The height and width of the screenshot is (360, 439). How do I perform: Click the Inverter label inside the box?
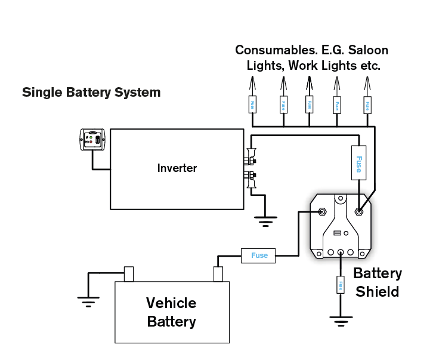click(x=177, y=168)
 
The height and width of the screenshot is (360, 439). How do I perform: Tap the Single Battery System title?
click(x=91, y=93)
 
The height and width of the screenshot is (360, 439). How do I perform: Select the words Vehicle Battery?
click(x=171, y=312)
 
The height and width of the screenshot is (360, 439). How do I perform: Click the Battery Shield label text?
click(x=378, y=282)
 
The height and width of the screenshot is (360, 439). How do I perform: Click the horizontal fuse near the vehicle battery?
click(x=259, y=256)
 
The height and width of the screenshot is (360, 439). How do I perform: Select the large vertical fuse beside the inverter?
click(x=358, y=162)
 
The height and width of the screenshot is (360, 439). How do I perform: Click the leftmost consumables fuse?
click(x=252, y=106)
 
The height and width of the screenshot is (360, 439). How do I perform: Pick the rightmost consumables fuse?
click(x=367, y=106)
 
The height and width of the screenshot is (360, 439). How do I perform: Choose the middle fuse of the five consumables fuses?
click(x=309, y=106)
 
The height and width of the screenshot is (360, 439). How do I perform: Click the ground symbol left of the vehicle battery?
click(x=88, y=300)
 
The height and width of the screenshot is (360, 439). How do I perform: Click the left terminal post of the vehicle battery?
click(x=128, y=274)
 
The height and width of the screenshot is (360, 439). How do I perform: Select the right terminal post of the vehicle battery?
click(x=218, y=274)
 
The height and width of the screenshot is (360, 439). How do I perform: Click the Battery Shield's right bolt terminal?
click(x=359, y=211)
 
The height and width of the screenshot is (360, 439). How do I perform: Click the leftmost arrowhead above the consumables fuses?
click(x=252, y=82)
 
